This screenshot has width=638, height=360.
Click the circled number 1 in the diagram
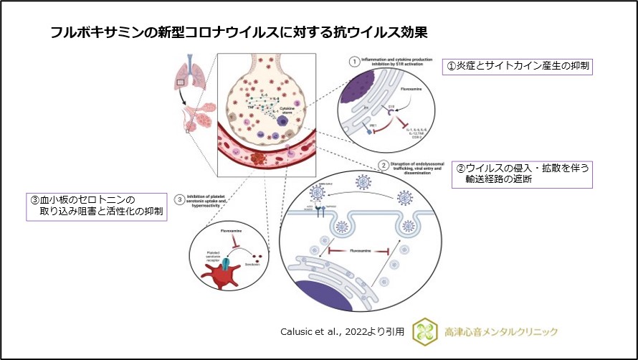pyautogui.click(x=353, y=62)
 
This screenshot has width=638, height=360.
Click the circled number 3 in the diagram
pyautogui.click(x=180, y=199)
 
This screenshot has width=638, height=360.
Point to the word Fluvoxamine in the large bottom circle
pyautogui.click(x=358, y=252)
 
